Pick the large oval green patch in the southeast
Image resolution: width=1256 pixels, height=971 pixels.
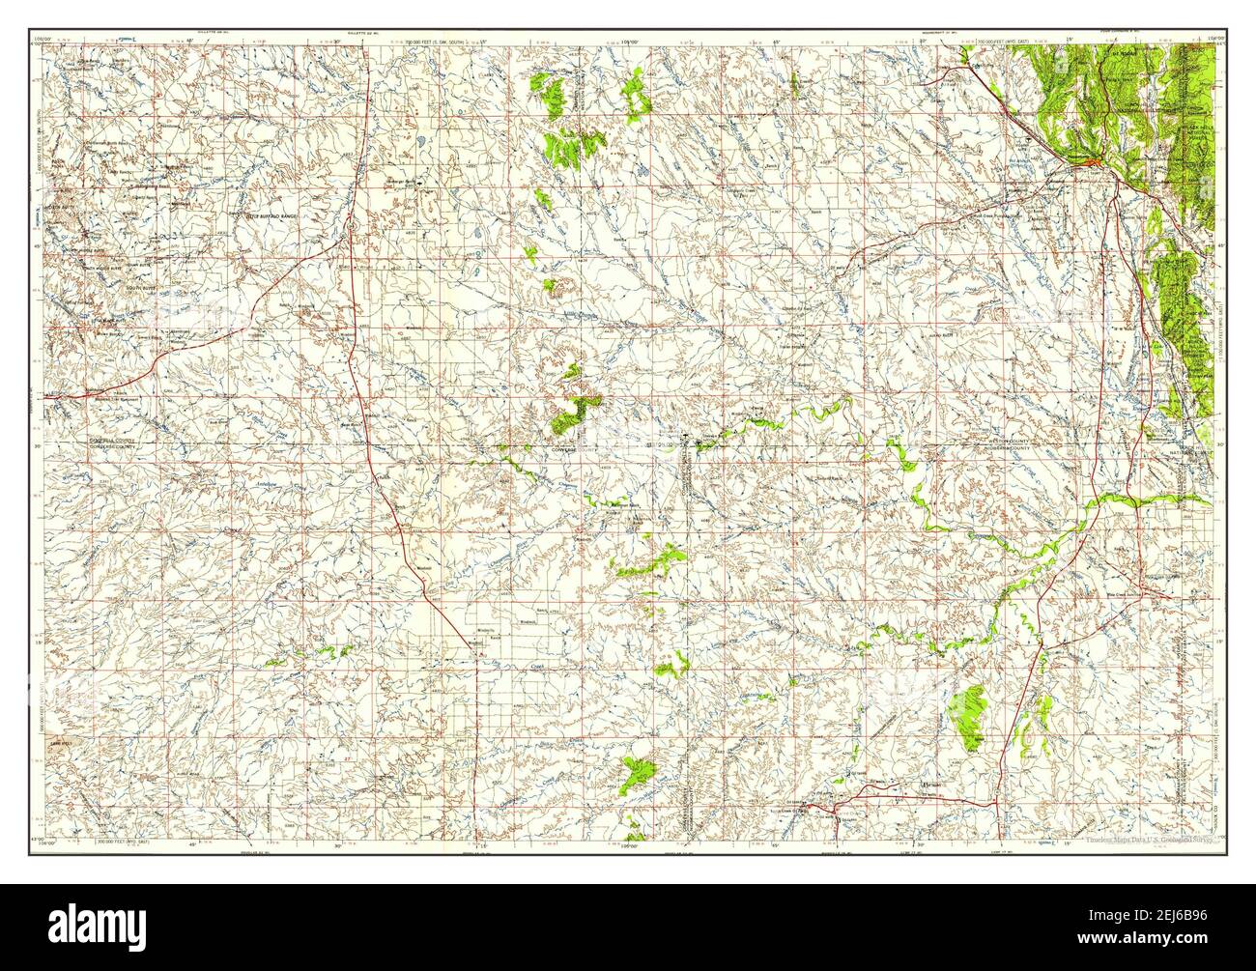[x=967, y=714]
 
